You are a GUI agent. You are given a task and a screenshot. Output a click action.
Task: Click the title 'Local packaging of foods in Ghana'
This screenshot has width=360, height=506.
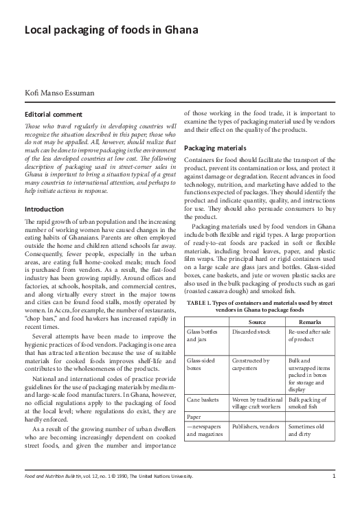[x=111, y=31]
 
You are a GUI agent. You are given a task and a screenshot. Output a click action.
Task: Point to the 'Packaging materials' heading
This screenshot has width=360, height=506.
[x=217, y=148]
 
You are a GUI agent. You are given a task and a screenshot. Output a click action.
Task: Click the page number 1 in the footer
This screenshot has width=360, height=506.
[x=333, y=495]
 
